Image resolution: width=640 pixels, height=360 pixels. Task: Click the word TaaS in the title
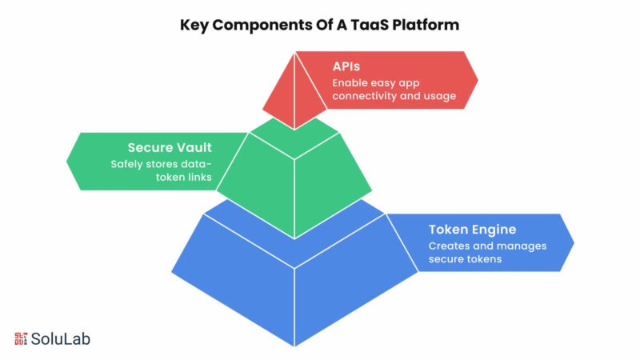(x=374, y=25)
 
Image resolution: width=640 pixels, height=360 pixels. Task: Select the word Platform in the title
(x=428, y=25)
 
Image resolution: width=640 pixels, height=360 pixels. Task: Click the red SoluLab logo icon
(x=21, y=338)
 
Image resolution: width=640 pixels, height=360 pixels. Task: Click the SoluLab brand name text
(x=61, y=338)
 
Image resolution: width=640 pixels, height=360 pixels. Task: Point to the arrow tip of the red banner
(x=476, y=80)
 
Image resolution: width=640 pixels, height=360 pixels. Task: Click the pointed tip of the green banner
(x=69, y=161)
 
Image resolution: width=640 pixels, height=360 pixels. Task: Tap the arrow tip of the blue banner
(x=573, y=242)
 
